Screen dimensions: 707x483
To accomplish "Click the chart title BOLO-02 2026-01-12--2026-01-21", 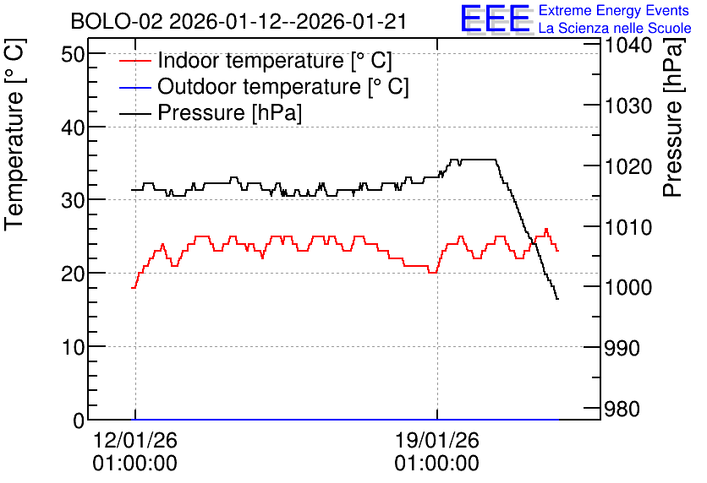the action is [238, 21].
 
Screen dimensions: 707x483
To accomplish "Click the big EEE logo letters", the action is [496, 19].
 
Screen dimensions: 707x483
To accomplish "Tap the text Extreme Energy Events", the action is [614, 10].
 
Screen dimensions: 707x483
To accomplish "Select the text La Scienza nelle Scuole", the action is [615, 28].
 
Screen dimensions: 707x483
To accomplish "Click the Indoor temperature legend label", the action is [275, 60].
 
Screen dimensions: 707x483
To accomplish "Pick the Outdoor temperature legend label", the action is [282, 86].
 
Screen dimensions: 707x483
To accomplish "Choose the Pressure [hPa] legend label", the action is [229, 112].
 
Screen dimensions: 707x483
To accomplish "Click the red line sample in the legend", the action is [134, 61].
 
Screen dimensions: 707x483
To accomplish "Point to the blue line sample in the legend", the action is [134, 87].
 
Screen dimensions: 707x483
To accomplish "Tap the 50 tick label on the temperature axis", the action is [73, 55].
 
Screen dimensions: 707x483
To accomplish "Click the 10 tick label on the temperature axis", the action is [73, 347].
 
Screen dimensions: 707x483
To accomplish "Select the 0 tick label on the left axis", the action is [79, 421].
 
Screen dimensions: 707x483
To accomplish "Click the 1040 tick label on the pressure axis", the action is [628, 45].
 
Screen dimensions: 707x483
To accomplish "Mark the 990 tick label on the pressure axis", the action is [622, 348].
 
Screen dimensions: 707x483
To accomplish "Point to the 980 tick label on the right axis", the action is [622, 410].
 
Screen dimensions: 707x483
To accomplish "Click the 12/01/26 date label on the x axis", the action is [134, 440].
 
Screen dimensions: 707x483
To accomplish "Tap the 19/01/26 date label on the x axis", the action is [437, 440].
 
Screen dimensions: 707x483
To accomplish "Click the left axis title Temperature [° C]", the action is [14, 135].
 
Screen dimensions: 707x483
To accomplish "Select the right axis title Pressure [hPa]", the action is [672, 117].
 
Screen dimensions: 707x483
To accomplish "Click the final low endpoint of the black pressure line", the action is [558, 299].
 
